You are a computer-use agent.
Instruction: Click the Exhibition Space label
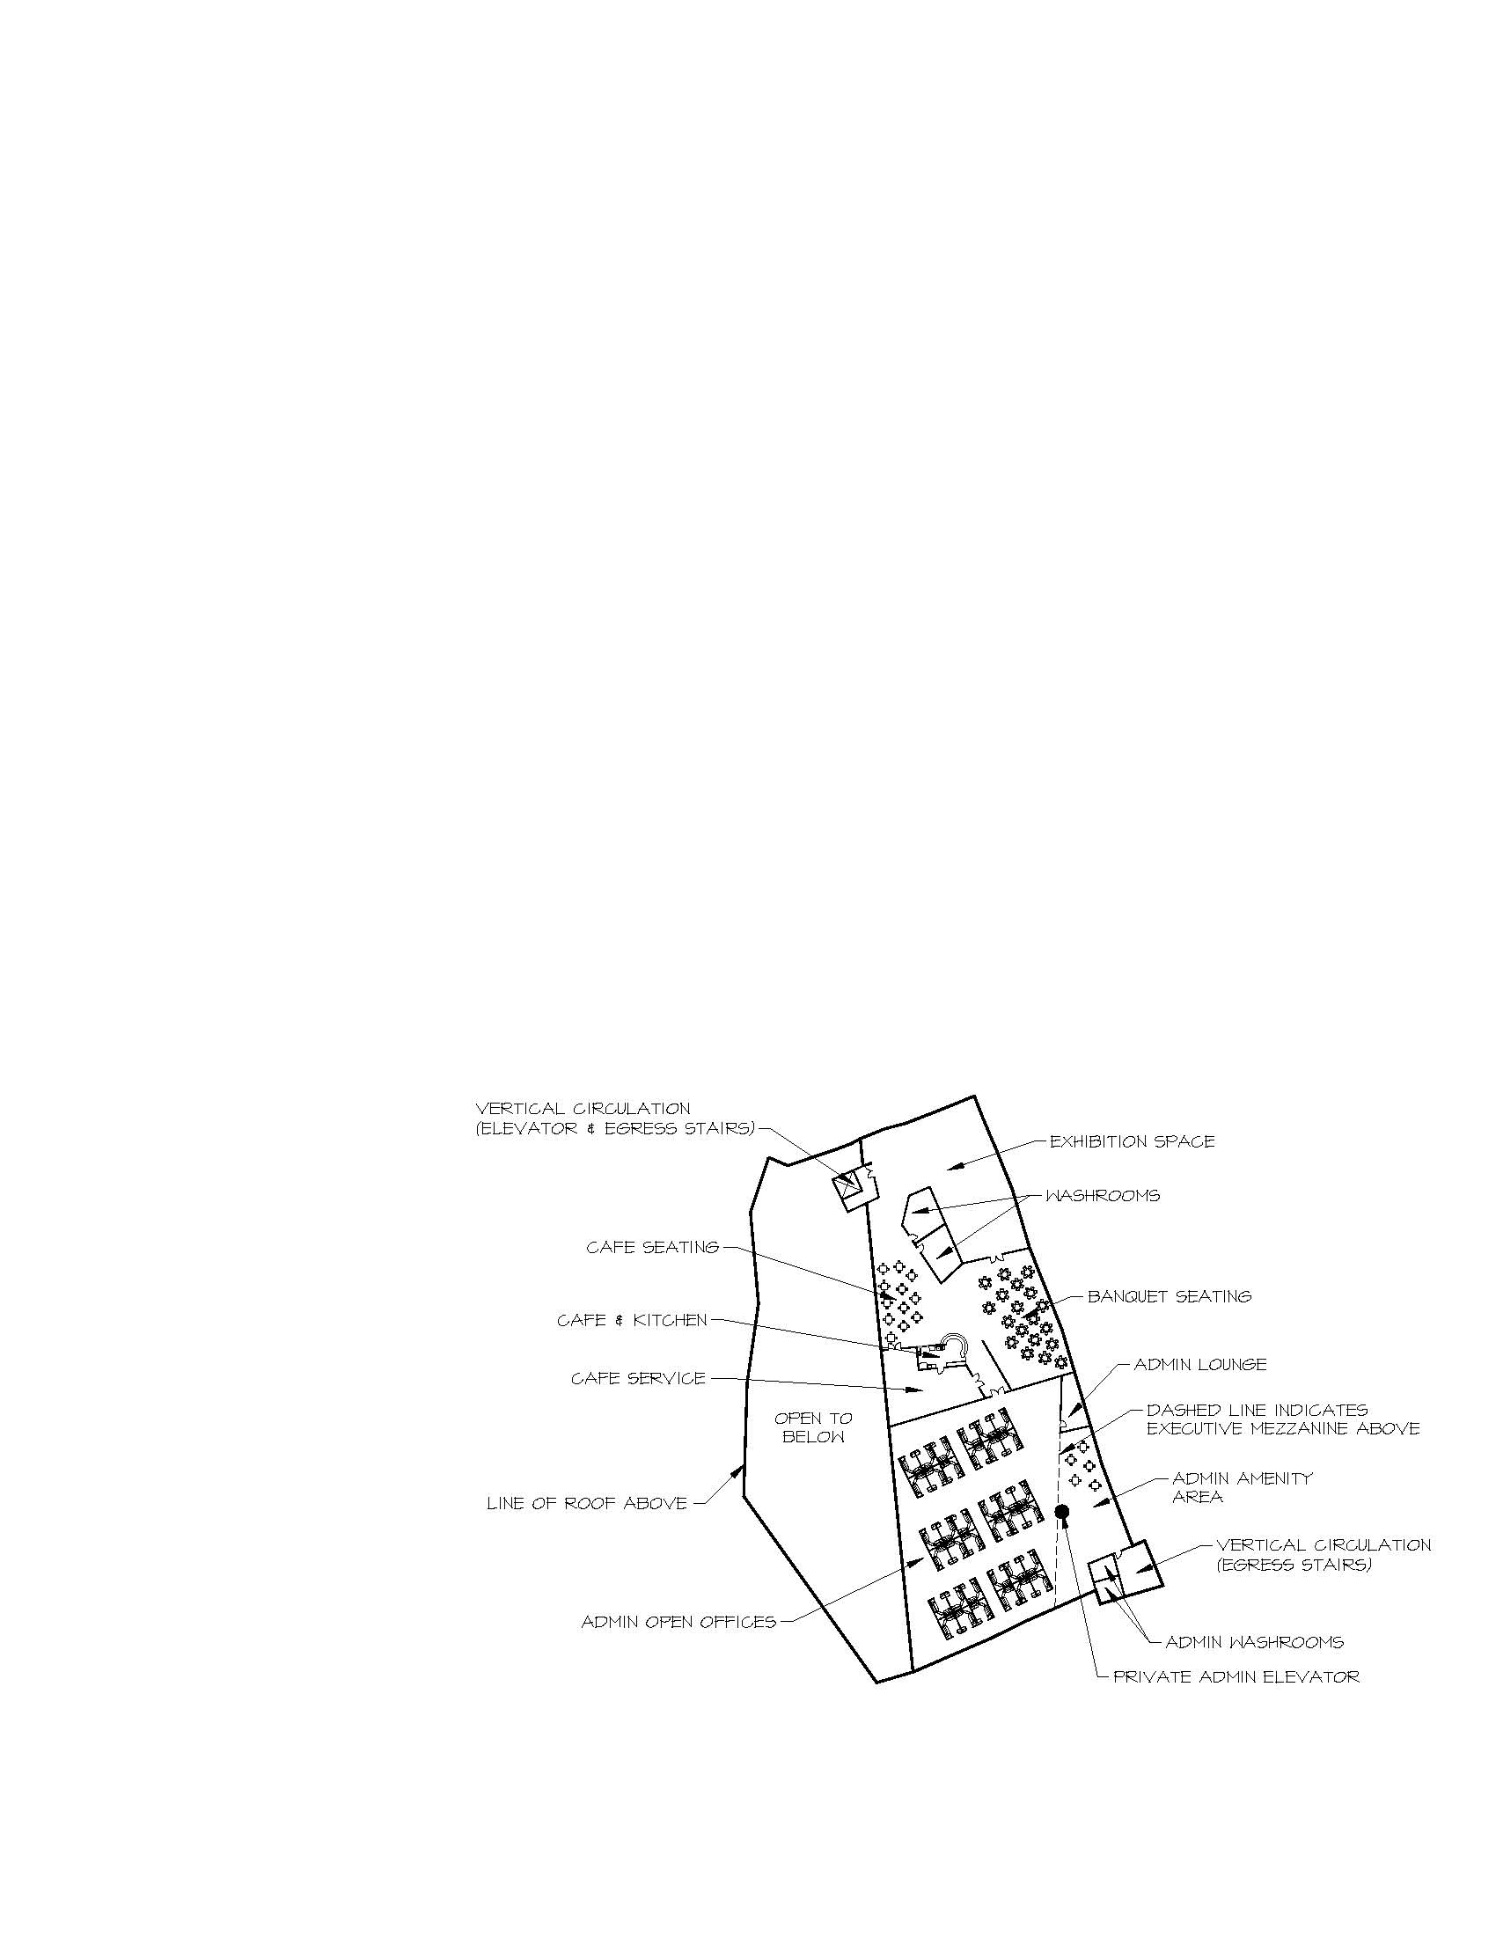click(1132, 1141)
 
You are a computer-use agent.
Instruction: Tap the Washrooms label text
click(1103, 1196)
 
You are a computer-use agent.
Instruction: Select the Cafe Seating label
click(653, 1247)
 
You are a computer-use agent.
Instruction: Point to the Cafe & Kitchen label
click(632, 1320)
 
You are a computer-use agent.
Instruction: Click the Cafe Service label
click(638, 1378)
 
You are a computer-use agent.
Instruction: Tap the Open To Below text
click(814, 1427)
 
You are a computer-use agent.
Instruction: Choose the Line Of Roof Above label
click(587, 1502)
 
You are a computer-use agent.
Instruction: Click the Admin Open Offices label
click(678, 1621)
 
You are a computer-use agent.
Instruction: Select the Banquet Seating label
click(1170, 1296)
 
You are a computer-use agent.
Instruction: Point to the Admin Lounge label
click(1201, 1364)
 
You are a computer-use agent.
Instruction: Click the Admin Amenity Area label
click(1243, 1487)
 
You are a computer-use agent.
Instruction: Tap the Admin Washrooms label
click(1254, 1642)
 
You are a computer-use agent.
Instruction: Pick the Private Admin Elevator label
click(1236, 1676)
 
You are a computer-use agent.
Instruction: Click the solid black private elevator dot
click(1062, 1510)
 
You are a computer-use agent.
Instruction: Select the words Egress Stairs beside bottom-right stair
click(1294, 1565)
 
